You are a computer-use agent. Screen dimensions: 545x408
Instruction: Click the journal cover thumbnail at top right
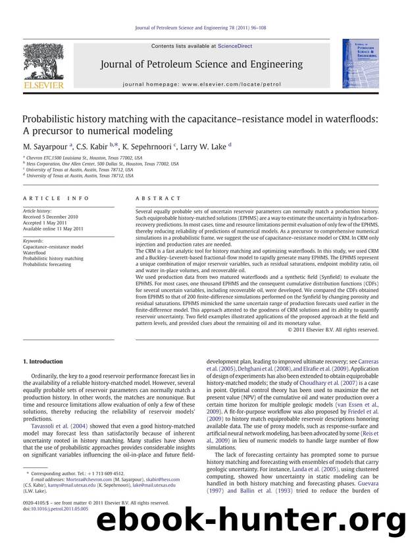tap(355, 63)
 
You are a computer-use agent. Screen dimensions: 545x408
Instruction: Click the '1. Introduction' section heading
tap(43, 361)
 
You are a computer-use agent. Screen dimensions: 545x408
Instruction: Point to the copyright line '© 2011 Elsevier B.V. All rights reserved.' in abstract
tap(334, 330)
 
